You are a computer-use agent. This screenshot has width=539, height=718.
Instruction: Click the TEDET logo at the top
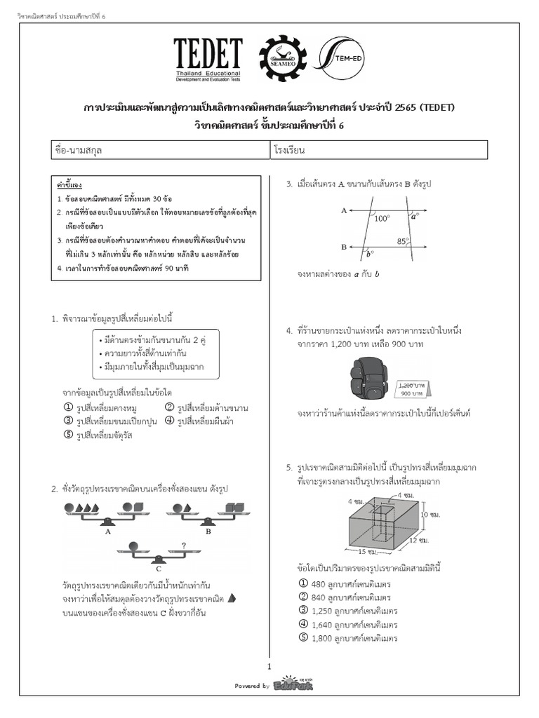tap(208, 60)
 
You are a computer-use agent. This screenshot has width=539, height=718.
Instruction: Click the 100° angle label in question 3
tap(382, 218)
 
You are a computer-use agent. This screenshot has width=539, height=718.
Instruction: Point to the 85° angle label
tap(403, 241)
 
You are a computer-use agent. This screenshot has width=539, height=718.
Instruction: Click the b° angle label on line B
tap(370, 253)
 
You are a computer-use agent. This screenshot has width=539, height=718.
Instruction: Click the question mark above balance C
tap(184, 546)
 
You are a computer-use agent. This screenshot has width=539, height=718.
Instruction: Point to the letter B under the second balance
tap(208, 531)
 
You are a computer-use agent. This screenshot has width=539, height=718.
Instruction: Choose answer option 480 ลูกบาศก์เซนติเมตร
tap(344, 583)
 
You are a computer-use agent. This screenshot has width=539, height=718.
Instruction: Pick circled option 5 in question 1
tap(69, 434)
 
